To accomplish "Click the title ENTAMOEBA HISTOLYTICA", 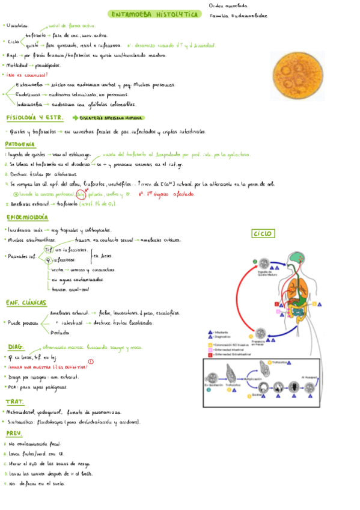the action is pos(155,14).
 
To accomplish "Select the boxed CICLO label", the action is pos(263,233).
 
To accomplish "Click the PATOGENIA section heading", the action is pos(20,144).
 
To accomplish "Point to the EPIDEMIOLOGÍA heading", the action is pos(28,217).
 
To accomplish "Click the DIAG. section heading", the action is pos(16,348).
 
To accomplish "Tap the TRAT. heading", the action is pos(15,402).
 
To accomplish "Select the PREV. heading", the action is pos(14,433).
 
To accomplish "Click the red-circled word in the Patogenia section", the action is pos(81,194).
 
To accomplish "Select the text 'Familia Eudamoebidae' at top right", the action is pos(239,16).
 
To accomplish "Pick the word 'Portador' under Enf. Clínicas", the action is pos(60,332).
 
